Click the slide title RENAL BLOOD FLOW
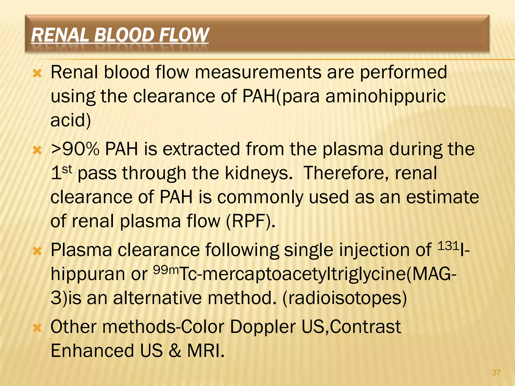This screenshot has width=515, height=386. [x=120, y=35]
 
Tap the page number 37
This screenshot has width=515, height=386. [x=496, y=372]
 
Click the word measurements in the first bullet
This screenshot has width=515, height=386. [x=258, y=72]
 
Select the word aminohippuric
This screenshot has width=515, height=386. [x=385, y=96]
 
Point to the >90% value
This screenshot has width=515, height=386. [x=75, y=149]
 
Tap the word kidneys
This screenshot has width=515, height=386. [x=259, y=173]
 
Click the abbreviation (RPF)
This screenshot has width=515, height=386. [x=250, y=221]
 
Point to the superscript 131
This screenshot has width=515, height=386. [x=449, y=246]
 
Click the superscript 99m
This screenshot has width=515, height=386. [x=166, y=270]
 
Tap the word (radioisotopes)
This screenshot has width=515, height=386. [x=345, y=298]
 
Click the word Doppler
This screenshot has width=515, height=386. [x=263, y=327]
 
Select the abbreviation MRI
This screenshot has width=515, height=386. [x=205, y=351]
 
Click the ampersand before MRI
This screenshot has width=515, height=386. [x=175, y=351]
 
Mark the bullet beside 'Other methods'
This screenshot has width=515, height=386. [x=37, y=328]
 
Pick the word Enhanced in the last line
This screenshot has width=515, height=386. [x=92, y=351]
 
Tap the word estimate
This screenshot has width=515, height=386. [x=443, y=197]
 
